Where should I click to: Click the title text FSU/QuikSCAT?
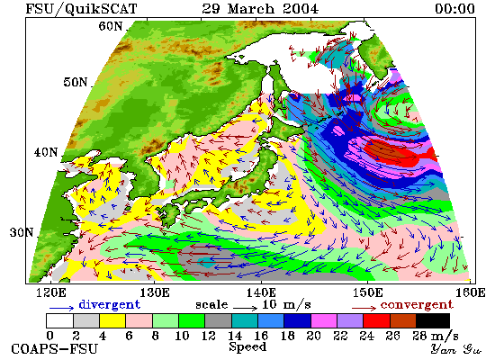(81, 8)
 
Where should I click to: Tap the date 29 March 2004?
(260, 8)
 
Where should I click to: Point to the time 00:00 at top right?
(454, 8)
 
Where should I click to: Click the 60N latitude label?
(111, 26)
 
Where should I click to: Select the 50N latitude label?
(75, 82)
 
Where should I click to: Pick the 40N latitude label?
(46, 152)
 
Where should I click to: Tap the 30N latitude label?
(22, 232)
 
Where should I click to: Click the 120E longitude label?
(50, 292)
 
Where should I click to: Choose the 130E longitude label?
(155, 292)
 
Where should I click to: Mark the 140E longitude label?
(261, 292)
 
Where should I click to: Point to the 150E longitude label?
(367, 292)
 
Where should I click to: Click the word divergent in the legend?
(109, 304)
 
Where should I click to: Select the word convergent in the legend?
(417, 305)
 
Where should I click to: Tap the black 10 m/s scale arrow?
(246, 307)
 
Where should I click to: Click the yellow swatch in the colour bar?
(112, 320)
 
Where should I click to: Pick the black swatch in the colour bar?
(433, 320)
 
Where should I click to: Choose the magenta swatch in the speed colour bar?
(324, 320)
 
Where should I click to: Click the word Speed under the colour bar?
(247, 347)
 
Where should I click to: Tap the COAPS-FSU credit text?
(54, 349)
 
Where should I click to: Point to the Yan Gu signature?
(455, 349)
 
